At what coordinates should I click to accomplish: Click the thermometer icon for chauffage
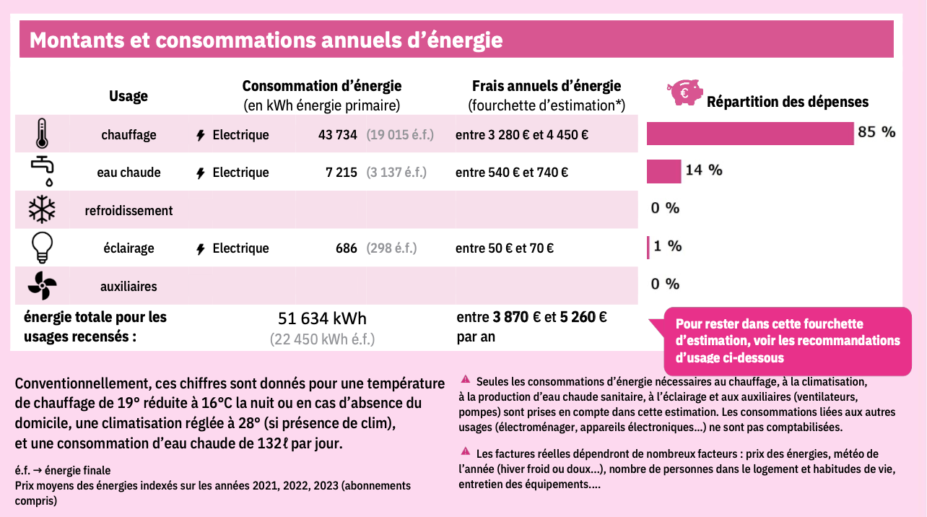point(43,134)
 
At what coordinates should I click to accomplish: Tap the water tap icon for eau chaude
point(43,172)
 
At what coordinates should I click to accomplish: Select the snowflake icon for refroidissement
point(42,210)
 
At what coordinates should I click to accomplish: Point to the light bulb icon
point(42,248)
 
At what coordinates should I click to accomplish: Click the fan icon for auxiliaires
point(42,286)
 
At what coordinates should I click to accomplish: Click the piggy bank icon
point(684,92)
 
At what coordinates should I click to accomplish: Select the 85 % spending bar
point(750,134)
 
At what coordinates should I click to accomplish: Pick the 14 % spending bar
point(663,171)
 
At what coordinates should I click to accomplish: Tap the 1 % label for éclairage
point(668,246)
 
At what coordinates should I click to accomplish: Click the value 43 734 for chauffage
point(338,135)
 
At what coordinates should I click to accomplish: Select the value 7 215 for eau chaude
point(341,173)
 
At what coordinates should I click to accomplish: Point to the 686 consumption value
point(347,248)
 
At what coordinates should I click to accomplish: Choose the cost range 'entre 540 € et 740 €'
point(512,173)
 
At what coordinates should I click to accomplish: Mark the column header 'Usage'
point(129,96)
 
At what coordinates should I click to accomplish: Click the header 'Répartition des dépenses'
point(787,102)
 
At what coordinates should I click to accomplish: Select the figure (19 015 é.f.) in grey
point(400,135)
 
